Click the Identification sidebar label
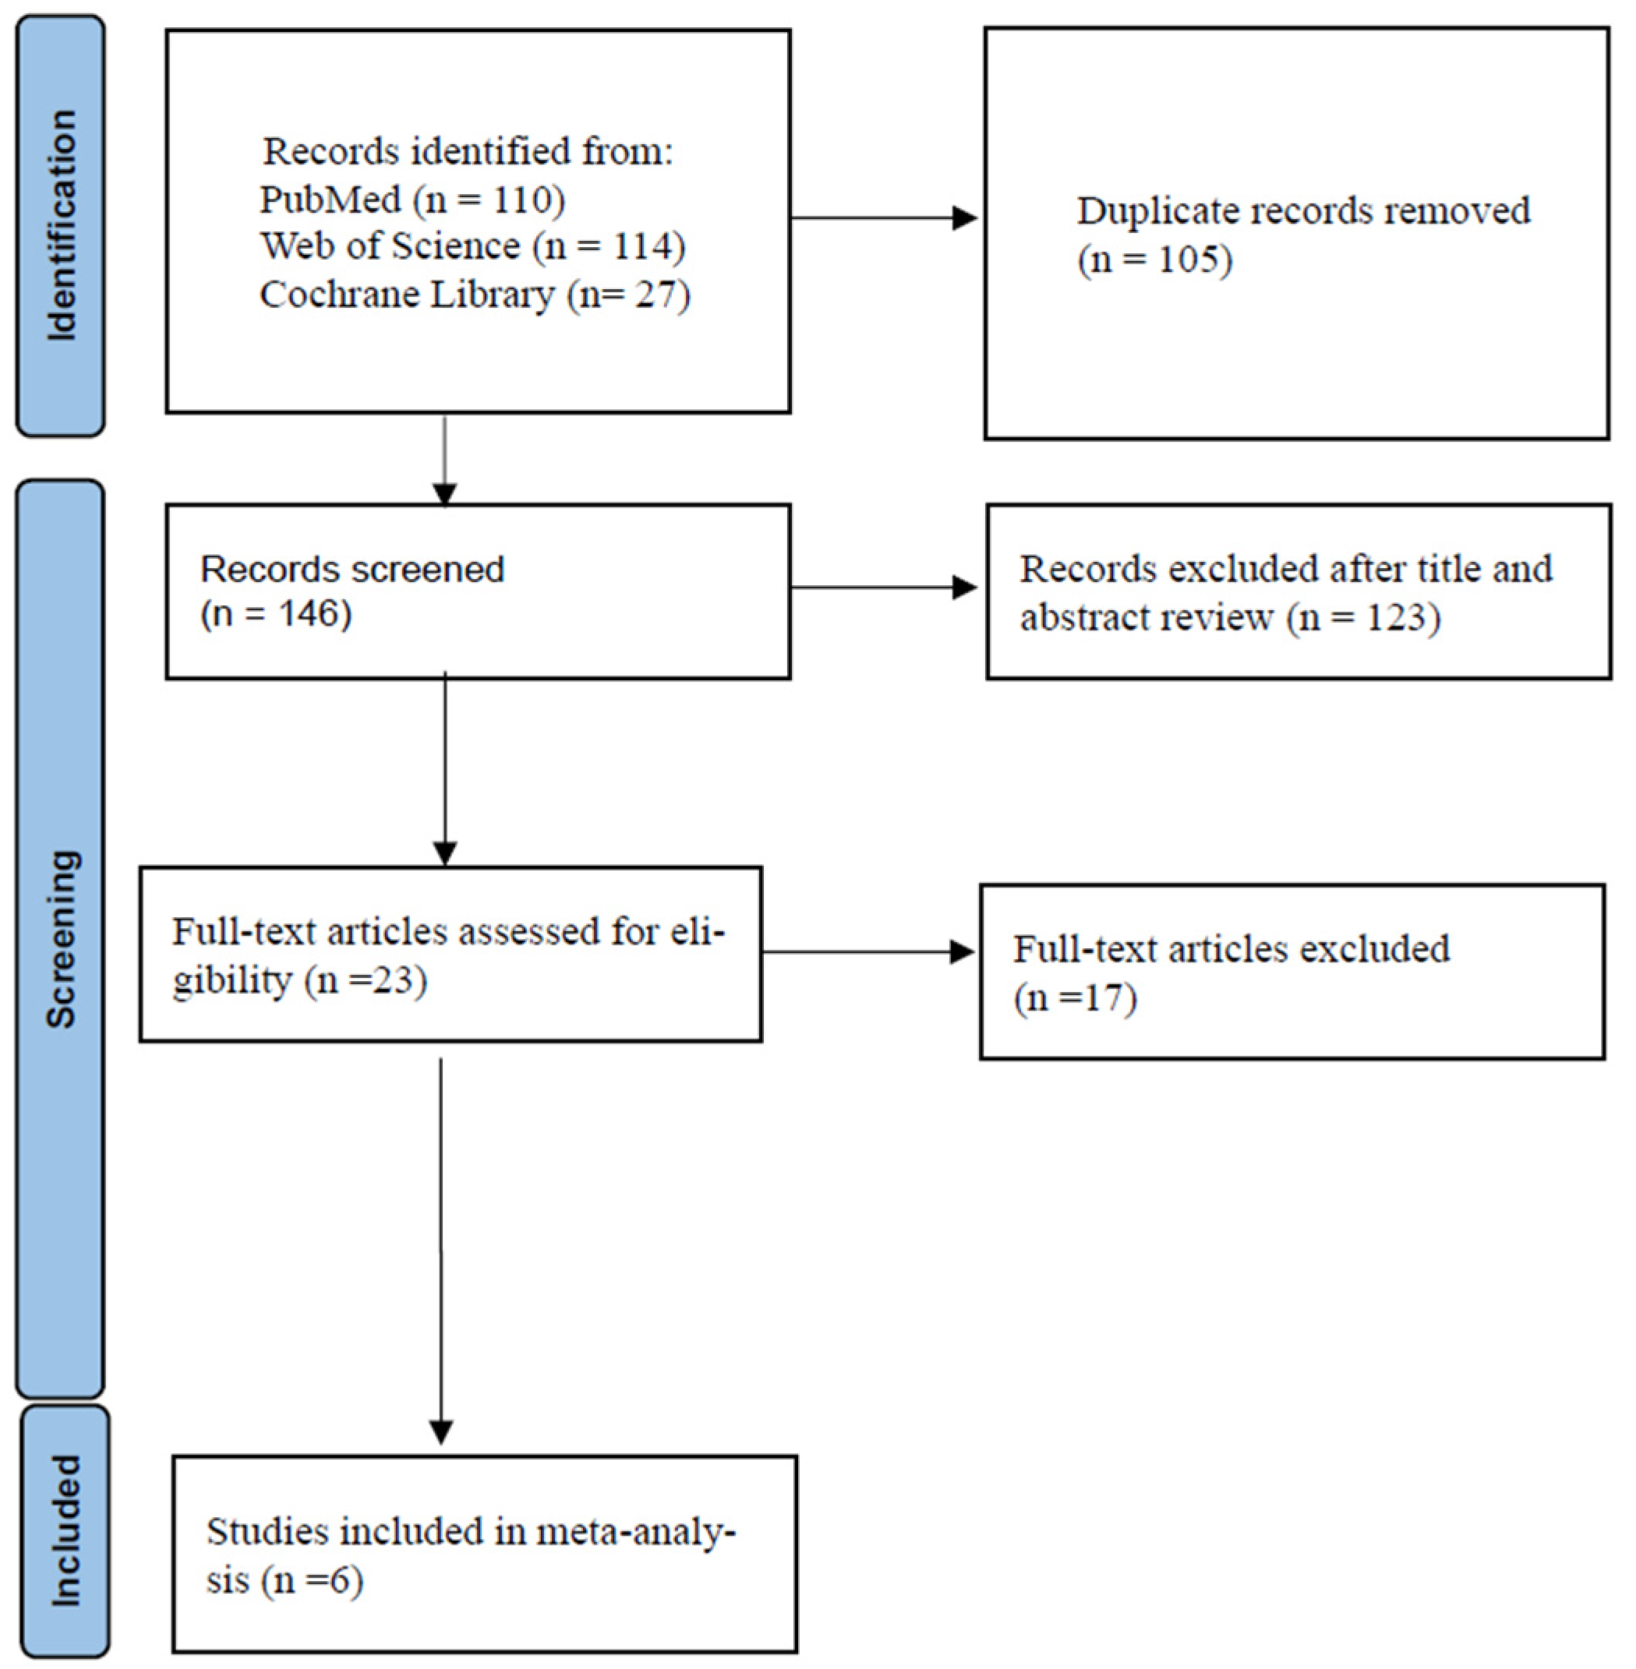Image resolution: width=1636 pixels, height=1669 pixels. (61, 226)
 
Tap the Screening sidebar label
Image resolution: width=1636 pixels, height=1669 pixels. (61, 938)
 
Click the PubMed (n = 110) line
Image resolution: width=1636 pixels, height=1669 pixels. (412, 199)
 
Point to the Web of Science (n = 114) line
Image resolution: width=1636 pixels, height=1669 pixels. (472, 246)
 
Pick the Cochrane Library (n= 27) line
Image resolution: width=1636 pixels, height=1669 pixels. (475, 295)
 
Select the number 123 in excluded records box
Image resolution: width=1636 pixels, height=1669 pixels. (1394, 618)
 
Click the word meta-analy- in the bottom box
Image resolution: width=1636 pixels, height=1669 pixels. (636, 1532)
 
